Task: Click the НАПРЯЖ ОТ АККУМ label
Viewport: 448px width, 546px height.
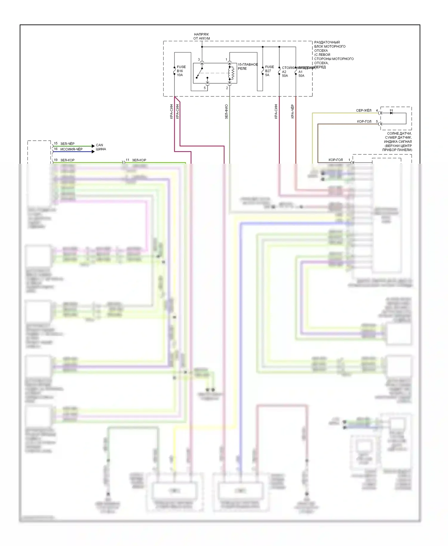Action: [202, 36]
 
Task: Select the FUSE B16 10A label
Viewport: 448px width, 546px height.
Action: [181, 71]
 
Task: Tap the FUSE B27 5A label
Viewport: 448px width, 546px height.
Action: [269, 71]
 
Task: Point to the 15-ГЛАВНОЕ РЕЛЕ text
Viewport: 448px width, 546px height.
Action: [248, 66]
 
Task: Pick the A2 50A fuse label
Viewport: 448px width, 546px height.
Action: [285, 74]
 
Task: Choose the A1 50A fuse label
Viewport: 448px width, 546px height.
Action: [301, 74]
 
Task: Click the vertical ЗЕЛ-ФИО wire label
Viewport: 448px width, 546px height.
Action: [226, 112]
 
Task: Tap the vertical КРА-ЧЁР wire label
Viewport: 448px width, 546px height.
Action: [292, 111]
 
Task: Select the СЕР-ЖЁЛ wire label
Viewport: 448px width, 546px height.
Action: [363, 111]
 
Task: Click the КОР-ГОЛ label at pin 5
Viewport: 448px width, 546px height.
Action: [364, 122]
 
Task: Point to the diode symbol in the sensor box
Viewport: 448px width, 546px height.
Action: [391, 113]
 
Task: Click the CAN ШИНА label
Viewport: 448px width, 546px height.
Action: [101, 147]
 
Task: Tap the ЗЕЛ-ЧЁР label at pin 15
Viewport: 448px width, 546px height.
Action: [67, 144]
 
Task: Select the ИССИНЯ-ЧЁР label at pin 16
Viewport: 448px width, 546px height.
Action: [71, 149]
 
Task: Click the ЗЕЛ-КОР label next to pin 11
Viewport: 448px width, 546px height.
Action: [139, 160]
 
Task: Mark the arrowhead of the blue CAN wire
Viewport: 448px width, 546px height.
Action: [93, 152]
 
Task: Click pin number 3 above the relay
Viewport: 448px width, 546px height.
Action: [199, 60]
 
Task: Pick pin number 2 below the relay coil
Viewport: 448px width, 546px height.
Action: [227, 88]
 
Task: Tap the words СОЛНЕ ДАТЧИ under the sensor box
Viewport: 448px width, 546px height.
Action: [399, 134]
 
